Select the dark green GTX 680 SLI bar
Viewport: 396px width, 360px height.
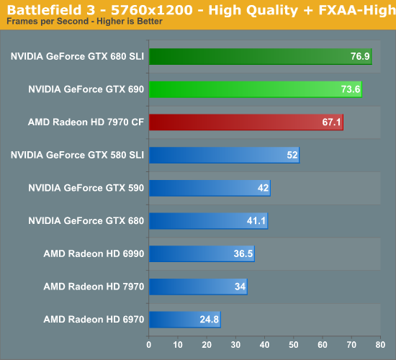click(260, 56)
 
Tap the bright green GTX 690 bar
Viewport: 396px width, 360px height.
click(255, 89)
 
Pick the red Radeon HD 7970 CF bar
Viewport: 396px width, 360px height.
click(246, 122)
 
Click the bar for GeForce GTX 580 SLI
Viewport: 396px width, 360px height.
click(224, 155)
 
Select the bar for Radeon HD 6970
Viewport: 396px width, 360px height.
click(184, 319)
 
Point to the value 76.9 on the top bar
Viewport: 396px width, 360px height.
click(360, 57)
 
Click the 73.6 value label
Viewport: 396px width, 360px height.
click(350, 89)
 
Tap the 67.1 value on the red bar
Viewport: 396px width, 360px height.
click(331, 122)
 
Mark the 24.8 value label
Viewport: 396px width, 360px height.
click(209, 319)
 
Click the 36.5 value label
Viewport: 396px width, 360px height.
click(243, 253)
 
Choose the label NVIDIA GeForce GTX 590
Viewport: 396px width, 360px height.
click(86, 188)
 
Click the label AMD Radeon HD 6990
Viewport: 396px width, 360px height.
click(94, 253)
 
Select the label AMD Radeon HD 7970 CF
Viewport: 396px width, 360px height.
click(86, 122)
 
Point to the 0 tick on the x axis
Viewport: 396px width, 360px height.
click(149, 343)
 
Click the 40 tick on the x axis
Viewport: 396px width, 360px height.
click(264, 343)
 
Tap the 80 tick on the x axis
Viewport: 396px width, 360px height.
click(379, 343)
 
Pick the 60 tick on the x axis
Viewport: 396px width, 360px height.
click(322, 343)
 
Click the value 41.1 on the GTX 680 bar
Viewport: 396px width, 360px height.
click(256, 221)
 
